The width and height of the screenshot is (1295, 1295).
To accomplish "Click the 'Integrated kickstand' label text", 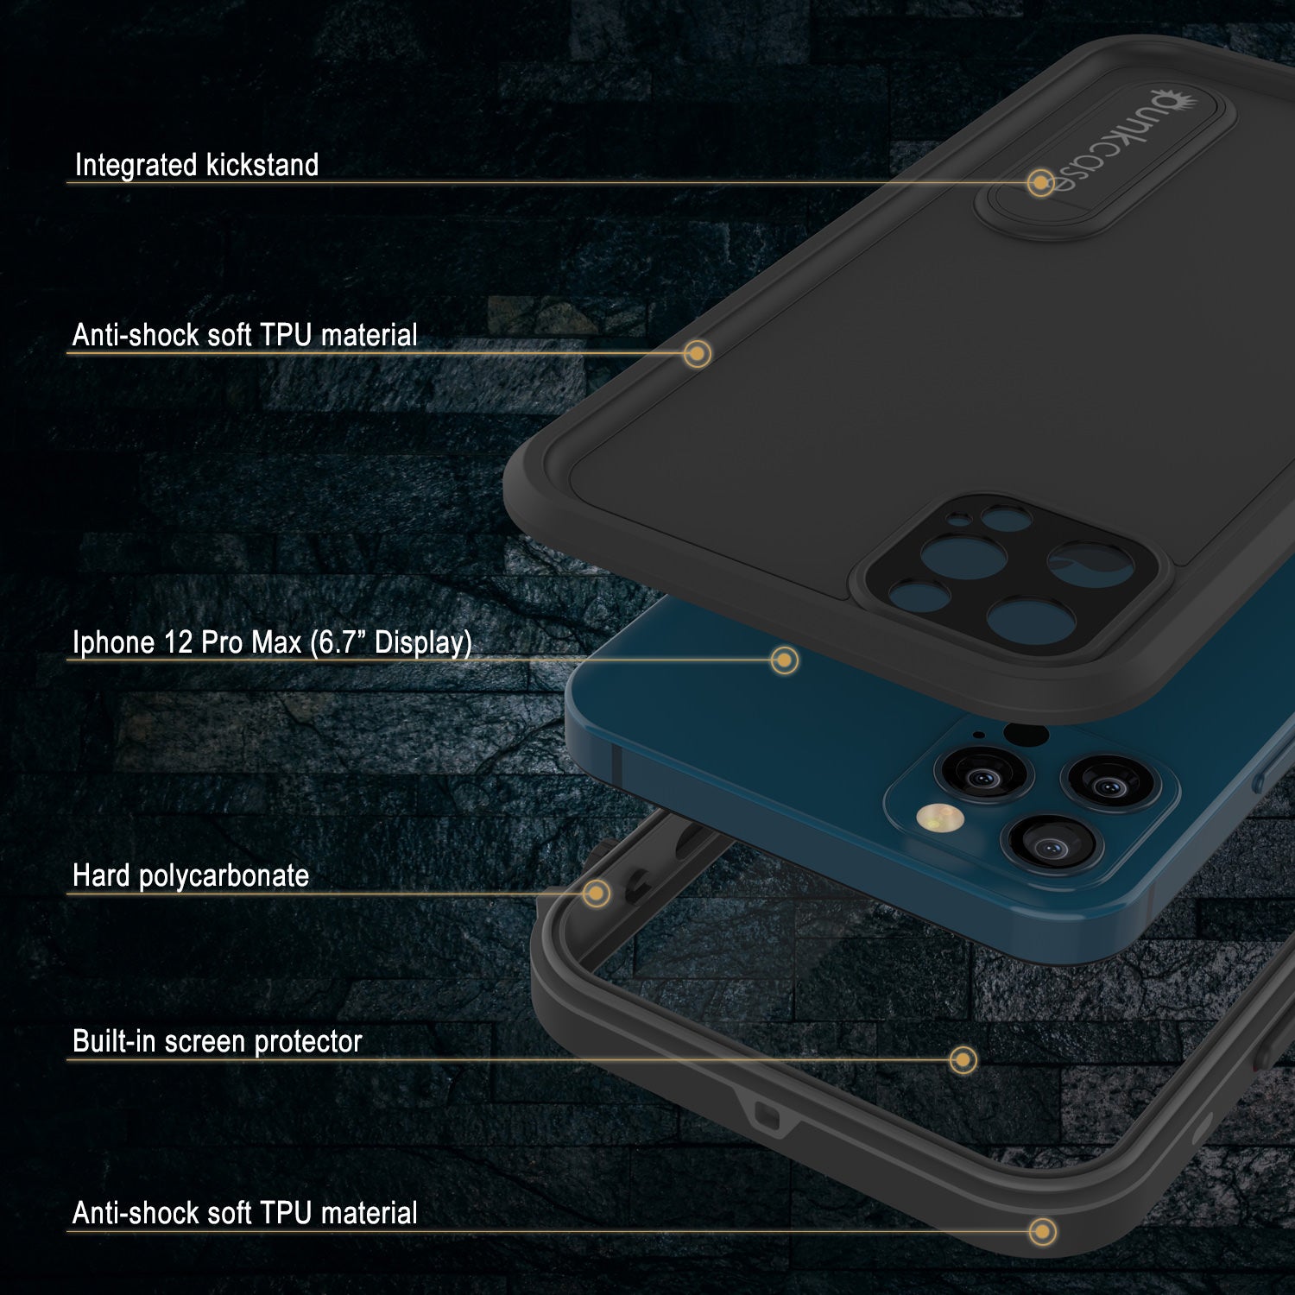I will tap(197, 165).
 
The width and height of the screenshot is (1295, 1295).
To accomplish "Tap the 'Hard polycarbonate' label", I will tap(191, 875).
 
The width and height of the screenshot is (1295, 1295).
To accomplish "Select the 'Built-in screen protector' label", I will tap(217, 1041).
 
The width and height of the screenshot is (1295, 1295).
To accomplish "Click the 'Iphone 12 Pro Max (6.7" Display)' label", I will tap(272, 642).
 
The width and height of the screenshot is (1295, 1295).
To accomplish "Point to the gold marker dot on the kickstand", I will tap(1041, 183).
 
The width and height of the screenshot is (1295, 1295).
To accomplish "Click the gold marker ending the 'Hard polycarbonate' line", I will tap(596, 893).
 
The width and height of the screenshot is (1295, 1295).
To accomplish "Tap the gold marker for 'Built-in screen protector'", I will tap(963, 1059).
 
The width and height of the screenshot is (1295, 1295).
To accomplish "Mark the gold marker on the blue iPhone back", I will tap(784, 660).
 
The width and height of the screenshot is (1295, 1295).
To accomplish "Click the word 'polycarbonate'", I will tap(224, 876).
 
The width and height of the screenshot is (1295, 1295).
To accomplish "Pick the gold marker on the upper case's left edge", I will tap(697, 353).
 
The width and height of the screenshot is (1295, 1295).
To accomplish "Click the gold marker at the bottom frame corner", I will tap(1043, 1231).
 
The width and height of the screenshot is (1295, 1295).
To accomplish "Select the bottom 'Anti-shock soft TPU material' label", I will tap(244, 1213).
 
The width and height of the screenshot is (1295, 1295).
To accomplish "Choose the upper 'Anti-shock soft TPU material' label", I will tap(244, 335).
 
